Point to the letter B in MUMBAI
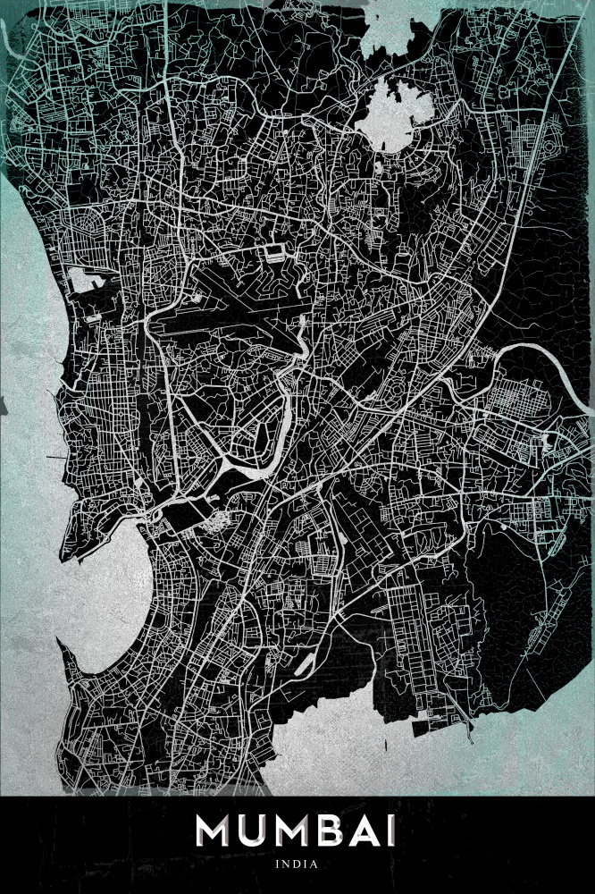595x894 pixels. pos(346,831)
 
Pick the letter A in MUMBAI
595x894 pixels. pos(376,831)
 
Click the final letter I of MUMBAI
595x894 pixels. pos(394,831)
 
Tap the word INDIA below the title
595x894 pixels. pos(297,864)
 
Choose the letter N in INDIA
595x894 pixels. pos(288,864)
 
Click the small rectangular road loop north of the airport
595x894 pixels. pos(272,253)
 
